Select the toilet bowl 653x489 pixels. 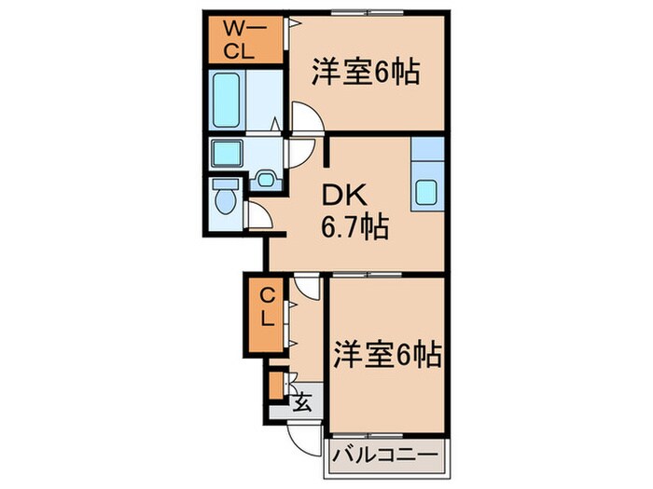pyautogui.click(x=224, y=201)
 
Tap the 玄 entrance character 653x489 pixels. pyautogui.click(x=302, y=403)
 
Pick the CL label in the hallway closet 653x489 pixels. pyautogui.click(x=266, y=307)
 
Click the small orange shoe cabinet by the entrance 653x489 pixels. pyautogui.click(x=276, y=384)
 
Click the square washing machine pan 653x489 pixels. pyautogui.click(x=226, y=151)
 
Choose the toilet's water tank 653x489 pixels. pyautogui.click(x=224, y=183)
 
